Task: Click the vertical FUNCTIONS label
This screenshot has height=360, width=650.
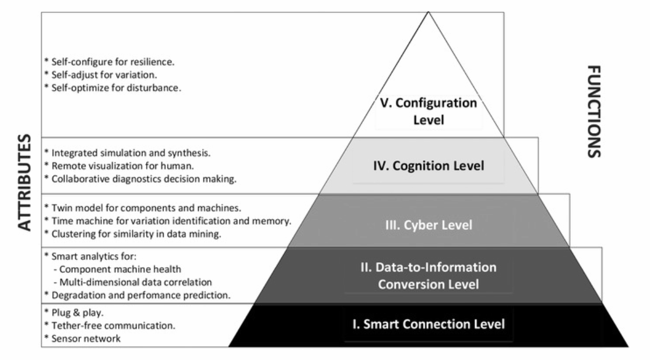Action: (x=594, y=111)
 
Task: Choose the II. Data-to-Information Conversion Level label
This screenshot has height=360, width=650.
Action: (x=429, y=275)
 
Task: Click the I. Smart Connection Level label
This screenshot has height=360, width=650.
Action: (x=428, y=324)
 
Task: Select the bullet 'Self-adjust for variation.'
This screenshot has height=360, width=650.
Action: (x=104, y=75)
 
